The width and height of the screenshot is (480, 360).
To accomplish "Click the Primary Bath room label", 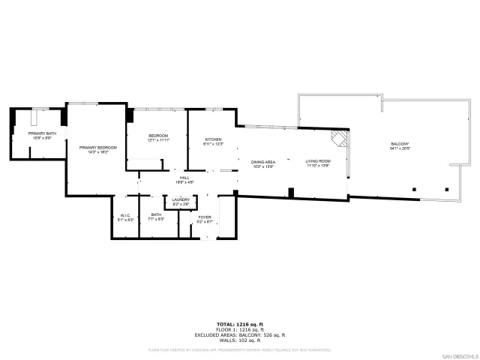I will (x=43, y=133).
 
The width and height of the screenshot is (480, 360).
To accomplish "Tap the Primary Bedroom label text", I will (x=97, y=148).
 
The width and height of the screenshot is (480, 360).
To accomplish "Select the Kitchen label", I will (x=214, y=139).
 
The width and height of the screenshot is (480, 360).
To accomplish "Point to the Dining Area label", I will (x=262, y=162).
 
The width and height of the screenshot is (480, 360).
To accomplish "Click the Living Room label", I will (x=317, y=161).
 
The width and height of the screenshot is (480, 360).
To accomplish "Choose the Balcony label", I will (x=400, y=144).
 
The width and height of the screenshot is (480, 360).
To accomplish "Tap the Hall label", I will (x=184, y=177).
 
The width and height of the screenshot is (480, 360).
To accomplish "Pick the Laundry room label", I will (x=181, y=199).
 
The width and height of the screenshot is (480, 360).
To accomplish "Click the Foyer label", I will (x=205, y=217).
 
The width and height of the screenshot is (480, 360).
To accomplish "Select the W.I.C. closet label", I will (x=126, y=216).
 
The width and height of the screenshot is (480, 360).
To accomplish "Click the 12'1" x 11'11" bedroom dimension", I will (x=157, y=140).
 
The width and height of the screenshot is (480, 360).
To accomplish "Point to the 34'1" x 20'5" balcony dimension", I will (x=400, y=148).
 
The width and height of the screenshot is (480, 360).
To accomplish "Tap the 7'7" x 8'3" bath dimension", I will (x=157, y=219).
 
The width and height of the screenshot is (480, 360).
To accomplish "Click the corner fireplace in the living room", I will (x=341, y=139).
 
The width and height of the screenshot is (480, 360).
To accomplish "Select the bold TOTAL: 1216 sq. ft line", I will (x=239, y=324).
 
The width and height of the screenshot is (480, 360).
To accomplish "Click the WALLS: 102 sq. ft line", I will (x=239, y=340).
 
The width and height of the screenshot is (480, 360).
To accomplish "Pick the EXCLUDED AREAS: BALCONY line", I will (x=239, y=334).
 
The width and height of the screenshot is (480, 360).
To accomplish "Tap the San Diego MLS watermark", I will (x=458, y=355).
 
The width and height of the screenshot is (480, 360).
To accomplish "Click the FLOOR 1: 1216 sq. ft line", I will (x=239, y=329).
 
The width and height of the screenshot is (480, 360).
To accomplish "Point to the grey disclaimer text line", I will (x=239, y=349).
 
